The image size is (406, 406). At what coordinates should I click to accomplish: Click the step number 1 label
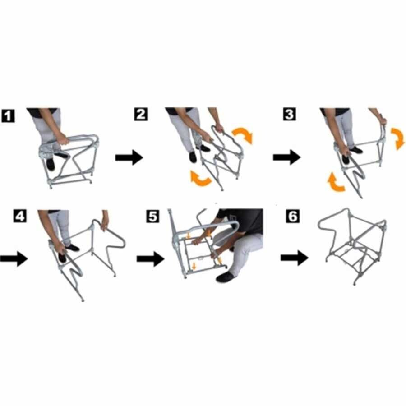[8, 116]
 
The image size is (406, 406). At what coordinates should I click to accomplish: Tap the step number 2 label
[141, 114]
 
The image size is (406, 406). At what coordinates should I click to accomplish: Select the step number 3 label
[289, 114]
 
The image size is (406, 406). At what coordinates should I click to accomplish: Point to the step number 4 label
[20, 216]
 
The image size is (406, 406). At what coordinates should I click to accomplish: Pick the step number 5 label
[153, 216]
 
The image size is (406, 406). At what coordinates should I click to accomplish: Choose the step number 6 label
[293, 216]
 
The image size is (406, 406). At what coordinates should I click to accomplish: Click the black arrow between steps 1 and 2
[129, 157]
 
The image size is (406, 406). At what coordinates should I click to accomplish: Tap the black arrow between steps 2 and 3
[287, 157]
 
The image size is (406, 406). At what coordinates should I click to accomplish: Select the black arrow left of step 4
[14, 258]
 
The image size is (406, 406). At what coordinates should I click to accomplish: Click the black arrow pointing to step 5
[150, 258]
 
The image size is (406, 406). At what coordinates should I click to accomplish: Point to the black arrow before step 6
[295, 258]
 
